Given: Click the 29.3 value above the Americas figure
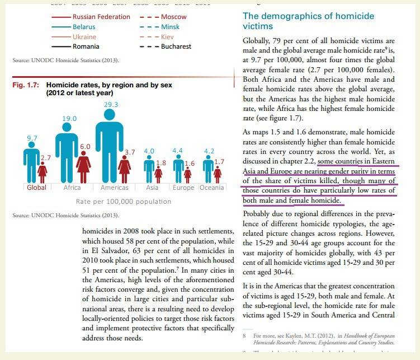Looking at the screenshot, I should coord(111,105).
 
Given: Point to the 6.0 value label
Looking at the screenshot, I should coord(85,146).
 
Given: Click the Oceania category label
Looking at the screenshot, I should coord(211,188).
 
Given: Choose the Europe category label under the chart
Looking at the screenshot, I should coord(183,188).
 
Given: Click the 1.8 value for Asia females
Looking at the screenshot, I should coord(161,163).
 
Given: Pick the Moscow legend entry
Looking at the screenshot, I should coord(174,17).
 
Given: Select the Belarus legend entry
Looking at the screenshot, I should coord(84,27).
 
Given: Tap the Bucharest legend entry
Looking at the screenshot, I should coord(176,46).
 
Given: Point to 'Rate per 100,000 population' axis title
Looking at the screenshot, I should coord(123,202).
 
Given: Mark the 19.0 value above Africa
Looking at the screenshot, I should coord(69,119).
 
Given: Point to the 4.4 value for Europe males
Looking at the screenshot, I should coord(178,151).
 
